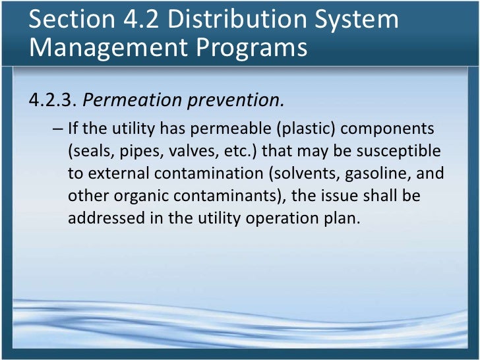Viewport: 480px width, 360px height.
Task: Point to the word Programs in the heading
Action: pos(249,48)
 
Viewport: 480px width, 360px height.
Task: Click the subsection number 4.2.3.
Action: pos(52,101)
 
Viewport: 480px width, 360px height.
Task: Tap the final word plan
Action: pos(345,219)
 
